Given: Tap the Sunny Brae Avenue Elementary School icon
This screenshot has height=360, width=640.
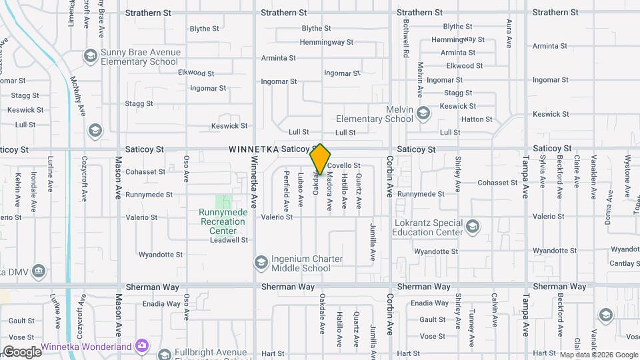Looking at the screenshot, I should click(90, 55).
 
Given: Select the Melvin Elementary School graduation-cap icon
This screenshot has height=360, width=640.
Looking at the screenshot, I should click(423, 114).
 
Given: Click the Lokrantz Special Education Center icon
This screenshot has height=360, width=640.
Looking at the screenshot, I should click(473, 227).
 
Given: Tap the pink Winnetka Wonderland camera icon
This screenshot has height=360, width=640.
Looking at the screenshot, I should click(141, 345).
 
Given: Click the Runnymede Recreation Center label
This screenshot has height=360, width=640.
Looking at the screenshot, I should click(223, 221).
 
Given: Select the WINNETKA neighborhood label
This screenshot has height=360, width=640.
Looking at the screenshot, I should click(253, 149).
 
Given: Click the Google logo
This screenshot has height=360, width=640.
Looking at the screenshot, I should click(21, 352).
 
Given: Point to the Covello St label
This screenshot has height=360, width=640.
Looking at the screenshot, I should click(344, 165).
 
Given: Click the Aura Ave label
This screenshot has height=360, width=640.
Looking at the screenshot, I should click(509, 33).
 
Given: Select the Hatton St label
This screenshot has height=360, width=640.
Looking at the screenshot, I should click(477, 119).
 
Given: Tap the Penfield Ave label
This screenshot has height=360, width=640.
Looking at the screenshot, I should click(286, 188).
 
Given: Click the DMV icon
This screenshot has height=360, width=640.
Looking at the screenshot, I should click(39, 271).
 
